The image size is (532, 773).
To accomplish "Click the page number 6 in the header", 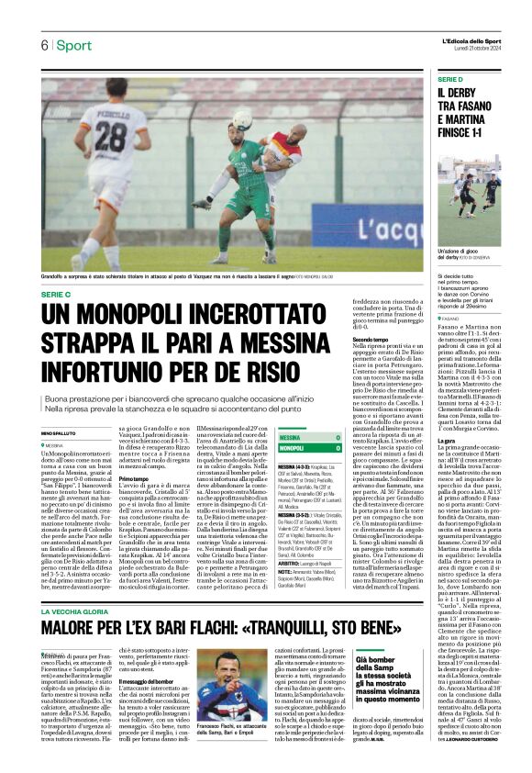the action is tap(43, 45).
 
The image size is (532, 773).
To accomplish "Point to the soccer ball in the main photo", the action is tap(242, 119).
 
